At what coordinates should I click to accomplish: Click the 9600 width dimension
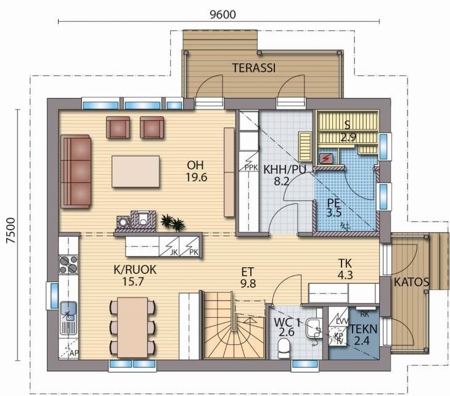click(x=223, y=14)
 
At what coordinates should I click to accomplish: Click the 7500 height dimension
click(x=11, y=230)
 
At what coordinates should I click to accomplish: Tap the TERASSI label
click(x=254, y=68)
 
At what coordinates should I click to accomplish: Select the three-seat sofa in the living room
click(x=76, y=171)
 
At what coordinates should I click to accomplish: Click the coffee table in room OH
click(x=136, y=171)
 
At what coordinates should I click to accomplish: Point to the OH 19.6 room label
click(x=196, y=171)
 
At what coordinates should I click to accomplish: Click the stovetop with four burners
click(x=68, y=264)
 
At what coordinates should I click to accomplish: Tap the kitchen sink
click(x=68, y=318)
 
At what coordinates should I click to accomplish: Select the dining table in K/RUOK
click(x=133, y=327)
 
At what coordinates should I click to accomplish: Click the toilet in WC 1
click(x=284, y=348)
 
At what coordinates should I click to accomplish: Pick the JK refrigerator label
click(x=174, y=253)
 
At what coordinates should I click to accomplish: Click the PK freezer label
click(x=194, y=253)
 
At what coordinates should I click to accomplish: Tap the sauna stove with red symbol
click(x=326, y=158)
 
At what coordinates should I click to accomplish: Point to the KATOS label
click(x=411, y=282)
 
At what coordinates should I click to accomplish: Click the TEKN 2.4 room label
click(x=362, y=334)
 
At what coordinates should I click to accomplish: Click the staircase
click(x=234, y=325)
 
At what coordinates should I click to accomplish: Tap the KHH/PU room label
click(x=284, y=169)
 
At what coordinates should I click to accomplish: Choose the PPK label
click(x=252, y=168)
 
